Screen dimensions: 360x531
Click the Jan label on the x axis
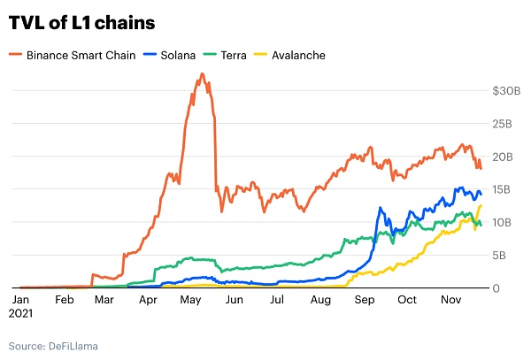(x=20, y=301)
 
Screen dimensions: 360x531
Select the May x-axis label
(x=191, y=301)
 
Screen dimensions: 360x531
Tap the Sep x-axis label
(x=364, y=301)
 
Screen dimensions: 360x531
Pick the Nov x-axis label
(x=450, y=301)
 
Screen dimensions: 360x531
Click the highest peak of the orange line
(x=203, y=73)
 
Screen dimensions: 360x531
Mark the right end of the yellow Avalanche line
(x=481, y=205)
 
